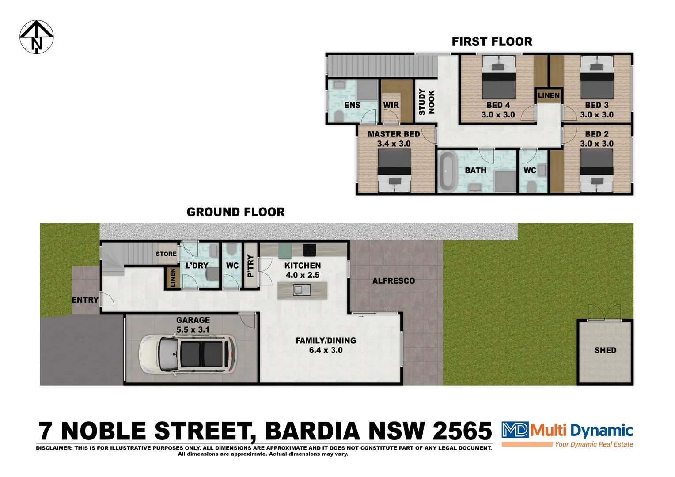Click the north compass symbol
tap(37, 37)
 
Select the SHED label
tap(605, 350)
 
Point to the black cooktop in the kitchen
tap(309, 250)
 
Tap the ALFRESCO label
tap(393, 281)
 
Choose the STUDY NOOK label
tap(427, 102)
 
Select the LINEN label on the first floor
tap(549, 95)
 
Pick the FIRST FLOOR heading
tap(492, 42)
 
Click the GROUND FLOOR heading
tap(235, 212)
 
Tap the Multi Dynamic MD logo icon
tap(515, 430)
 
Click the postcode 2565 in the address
tap(462, 431)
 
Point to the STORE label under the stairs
tap(166, 254)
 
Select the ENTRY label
tap(85, 300)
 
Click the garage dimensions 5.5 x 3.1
tap(193, 330)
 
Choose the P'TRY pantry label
tap(250, 266)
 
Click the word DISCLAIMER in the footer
tap(54, 448)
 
